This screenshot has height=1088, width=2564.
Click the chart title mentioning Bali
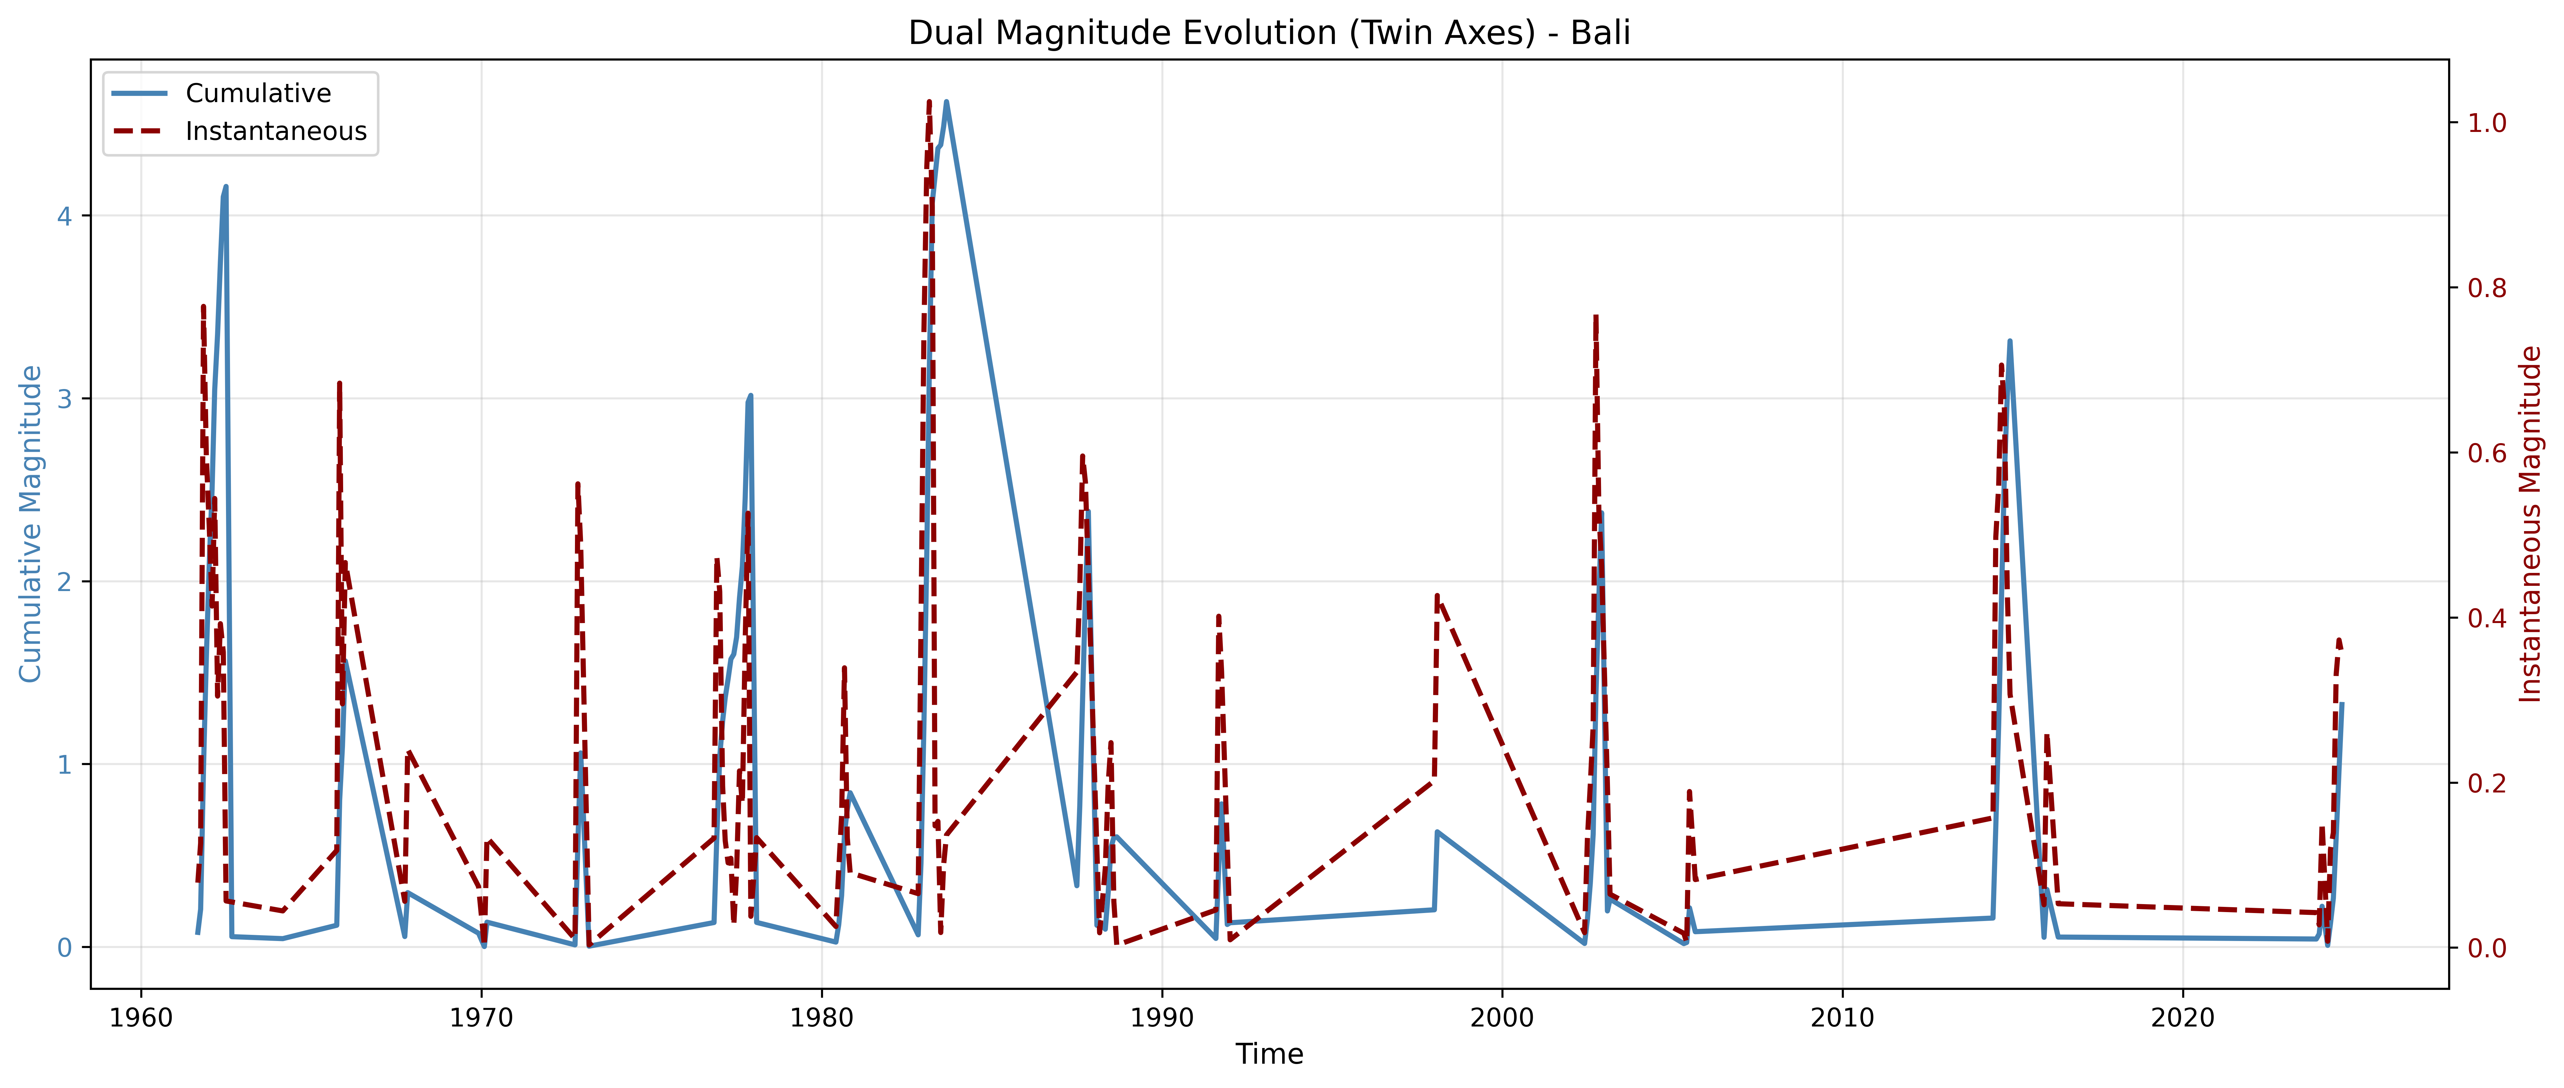(x=1269, y=33)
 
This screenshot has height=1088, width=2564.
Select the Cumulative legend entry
(x=258, y=93)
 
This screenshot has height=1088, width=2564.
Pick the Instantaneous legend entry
(x=276, y=131)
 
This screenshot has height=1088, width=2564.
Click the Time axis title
(x=1269, y=1054)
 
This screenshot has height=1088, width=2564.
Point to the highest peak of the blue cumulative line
(x=945, y=101)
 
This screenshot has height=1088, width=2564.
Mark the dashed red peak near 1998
(x=1436, y=595)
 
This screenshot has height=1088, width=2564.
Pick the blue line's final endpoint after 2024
(x=2342, y=704)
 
